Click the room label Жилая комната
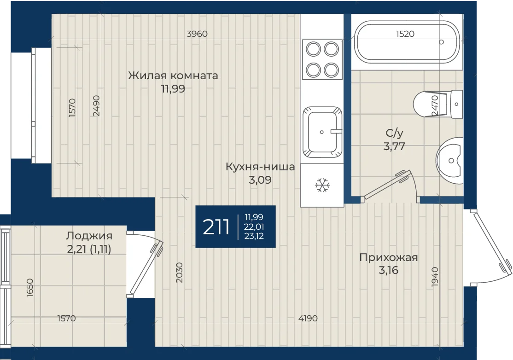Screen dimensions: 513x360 (173, 75)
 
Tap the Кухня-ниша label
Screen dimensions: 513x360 (260, 167)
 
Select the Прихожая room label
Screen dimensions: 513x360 (388, 258)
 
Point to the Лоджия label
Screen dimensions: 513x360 (89, 236)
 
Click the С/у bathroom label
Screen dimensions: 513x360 (394, 133)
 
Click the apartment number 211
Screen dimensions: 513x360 (216, 227)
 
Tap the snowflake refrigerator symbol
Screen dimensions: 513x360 (322, 185)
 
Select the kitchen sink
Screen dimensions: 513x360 (322, 132)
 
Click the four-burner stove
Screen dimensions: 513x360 (322, 59)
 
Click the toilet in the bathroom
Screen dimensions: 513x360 (438, 105)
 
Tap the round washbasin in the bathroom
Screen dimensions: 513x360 (449, 160)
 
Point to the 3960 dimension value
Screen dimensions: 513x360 (197, 34)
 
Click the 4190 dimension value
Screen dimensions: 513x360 (308, 318)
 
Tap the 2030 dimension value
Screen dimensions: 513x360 (179, 273)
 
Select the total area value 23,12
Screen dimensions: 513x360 (254, 236)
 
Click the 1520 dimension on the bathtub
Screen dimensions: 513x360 (405, 34)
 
